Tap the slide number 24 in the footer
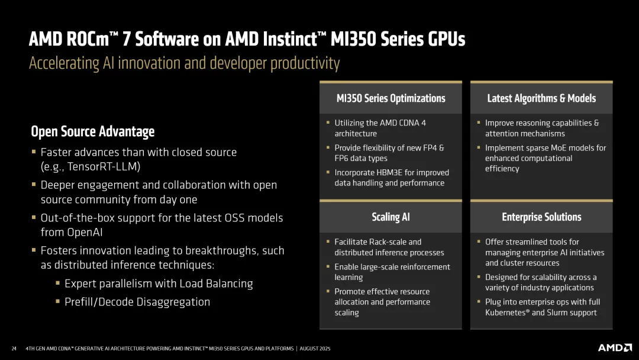click(x=14, y=349)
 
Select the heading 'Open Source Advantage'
click(x=92, y=131)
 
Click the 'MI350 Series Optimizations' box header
click(x=390, y=98)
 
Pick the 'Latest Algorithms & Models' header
click(x=541, y=98)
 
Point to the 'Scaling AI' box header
click(x=390, y=217)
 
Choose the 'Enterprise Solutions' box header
click(x=541, y=217)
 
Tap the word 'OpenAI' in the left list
click(x=63, y=232)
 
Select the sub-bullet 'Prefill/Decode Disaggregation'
click(x=137, y=302)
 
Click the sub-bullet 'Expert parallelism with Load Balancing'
click(x=159, y=284)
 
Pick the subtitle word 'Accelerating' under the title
click(x=62, y=63)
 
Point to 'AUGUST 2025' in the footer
click(x=315, y=349)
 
